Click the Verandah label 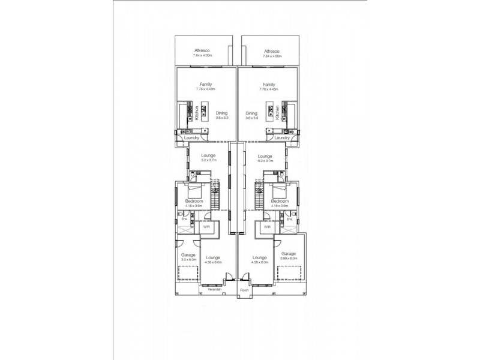214,290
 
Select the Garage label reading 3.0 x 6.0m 188,254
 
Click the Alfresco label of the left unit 200,51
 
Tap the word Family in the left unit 206,85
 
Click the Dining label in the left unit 221,113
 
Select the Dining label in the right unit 251,113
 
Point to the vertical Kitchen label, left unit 197,113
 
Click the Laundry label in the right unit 282,137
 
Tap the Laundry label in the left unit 191,137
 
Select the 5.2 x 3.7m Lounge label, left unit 208,157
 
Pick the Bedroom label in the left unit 194,201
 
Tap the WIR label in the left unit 206,227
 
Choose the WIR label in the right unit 268,227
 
